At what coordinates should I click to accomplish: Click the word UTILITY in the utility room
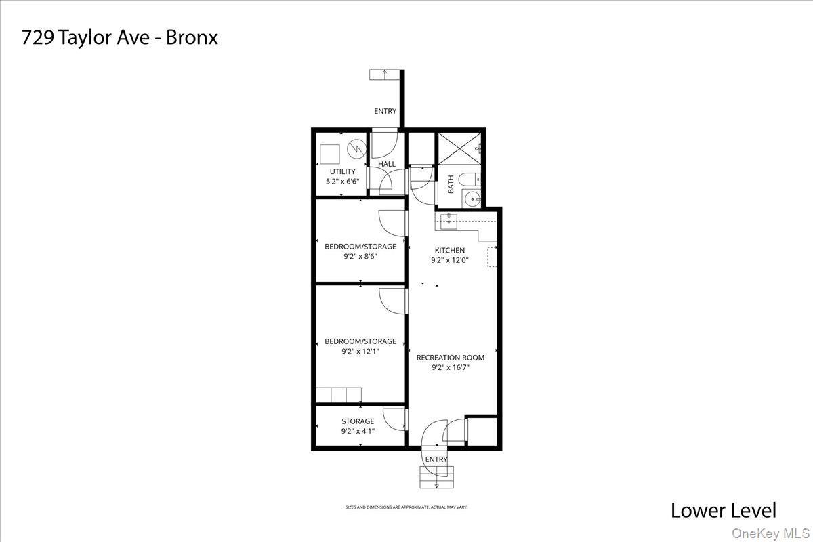tap(342, 171)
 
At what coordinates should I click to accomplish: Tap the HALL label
tap(387, 164)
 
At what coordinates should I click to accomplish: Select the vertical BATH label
tap(451, 184)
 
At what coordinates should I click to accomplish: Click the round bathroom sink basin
tap(472, 199)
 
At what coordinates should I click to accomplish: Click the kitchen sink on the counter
tap(449, 220)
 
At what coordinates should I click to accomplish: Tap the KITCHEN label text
tap(449, 250)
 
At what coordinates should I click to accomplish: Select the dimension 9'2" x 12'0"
tap(449, 260)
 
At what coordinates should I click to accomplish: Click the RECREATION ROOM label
tap(450, 358)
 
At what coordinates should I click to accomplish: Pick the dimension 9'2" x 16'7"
tap(450, 368)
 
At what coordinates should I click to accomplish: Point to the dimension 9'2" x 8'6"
tap(360, 257)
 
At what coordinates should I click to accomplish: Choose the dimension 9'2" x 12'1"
tap(360, 352)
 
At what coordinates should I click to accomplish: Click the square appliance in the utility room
tap(330, 154)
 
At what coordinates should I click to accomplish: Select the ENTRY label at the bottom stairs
tap(436, 459)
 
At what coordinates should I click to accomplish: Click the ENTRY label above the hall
tap(385, 112)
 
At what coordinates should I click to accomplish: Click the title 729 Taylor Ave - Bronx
tap(119, 37)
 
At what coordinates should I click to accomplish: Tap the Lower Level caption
tap(723, 510)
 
